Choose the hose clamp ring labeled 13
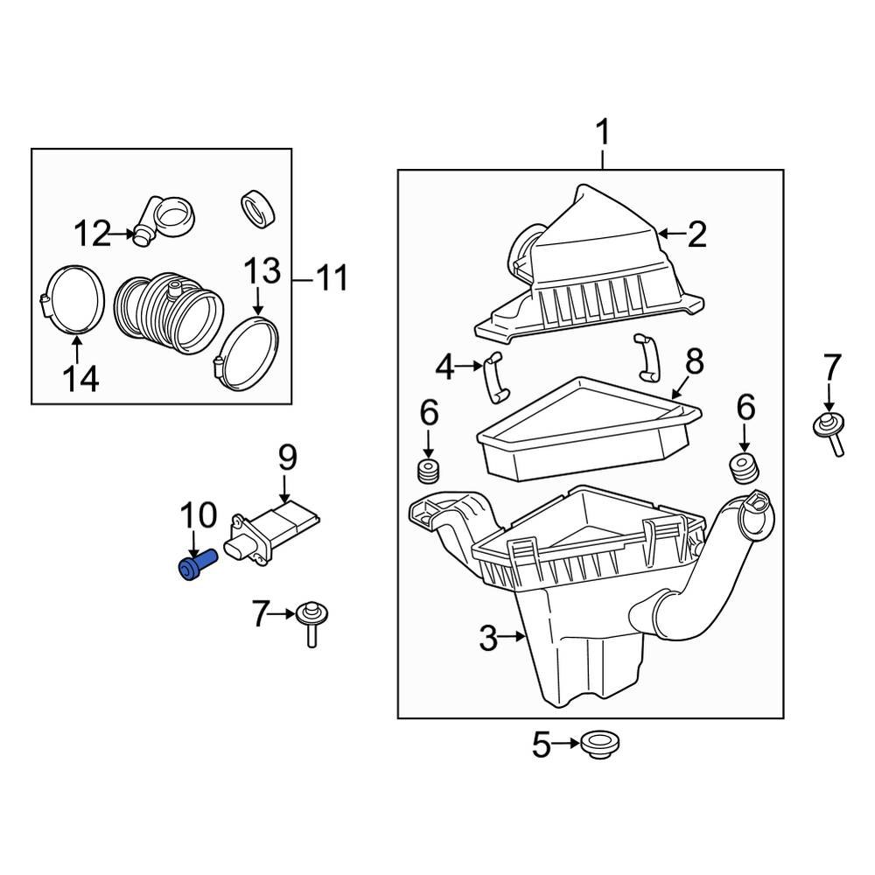coord(248,354)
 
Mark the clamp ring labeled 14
coord(73,300)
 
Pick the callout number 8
coord(694,360)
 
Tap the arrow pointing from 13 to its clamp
coord(257,302)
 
